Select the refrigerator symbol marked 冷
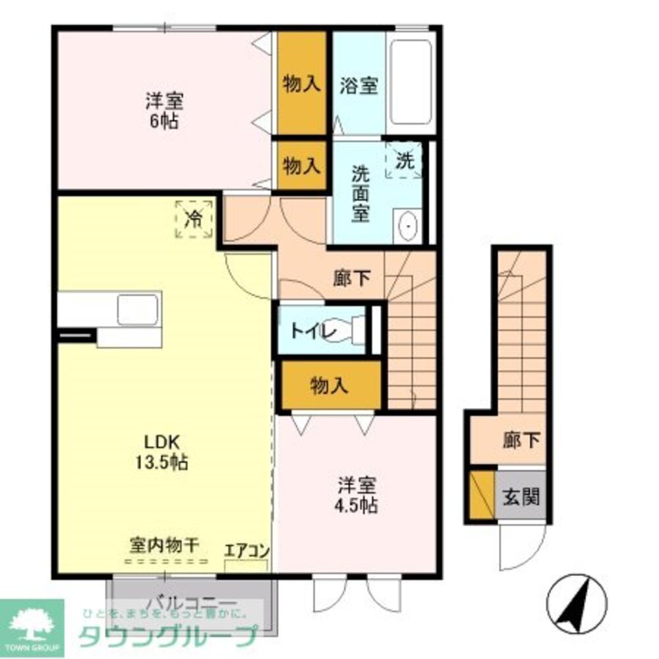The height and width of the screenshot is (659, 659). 194,218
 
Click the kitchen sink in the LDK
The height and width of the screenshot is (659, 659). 138,309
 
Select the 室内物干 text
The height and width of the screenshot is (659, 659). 165,546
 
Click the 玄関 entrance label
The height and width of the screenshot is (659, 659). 521,496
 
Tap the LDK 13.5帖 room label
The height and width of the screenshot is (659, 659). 163,451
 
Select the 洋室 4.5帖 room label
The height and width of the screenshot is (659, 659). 358,495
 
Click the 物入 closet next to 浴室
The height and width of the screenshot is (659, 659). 302,84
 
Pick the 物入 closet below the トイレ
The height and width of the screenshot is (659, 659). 329,386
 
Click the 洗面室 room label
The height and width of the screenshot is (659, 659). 360,194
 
